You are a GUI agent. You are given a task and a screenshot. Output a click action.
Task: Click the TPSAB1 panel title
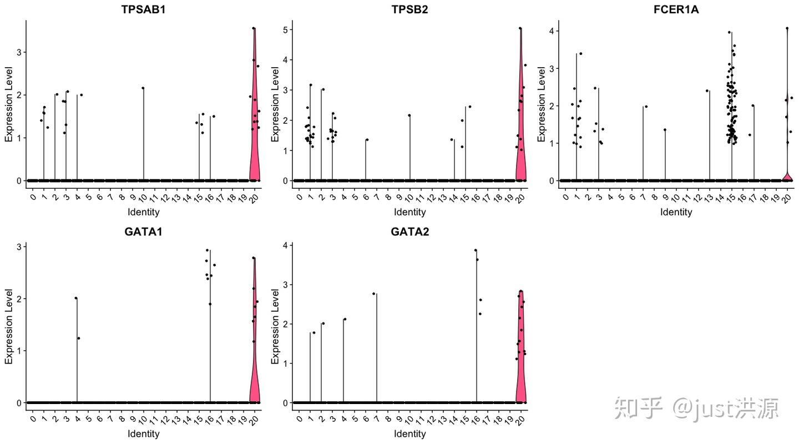tap(143, 9)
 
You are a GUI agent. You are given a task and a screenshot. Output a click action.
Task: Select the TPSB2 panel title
tap(409, 9)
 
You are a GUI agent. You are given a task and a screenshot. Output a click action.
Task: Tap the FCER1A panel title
tap(676, 9)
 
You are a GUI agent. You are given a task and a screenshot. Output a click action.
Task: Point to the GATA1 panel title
tap(143, 231)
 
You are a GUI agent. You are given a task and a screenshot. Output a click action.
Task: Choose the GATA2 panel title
tap(409, 231)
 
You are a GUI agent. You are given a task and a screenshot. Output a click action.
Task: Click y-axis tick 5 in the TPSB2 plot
tap(287, 29)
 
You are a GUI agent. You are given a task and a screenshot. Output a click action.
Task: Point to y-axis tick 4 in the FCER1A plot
tap(553, 31)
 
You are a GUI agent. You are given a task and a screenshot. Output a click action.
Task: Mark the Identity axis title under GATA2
tap(410, 433)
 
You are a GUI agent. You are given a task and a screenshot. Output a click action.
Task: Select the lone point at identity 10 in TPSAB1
tap(143, 88)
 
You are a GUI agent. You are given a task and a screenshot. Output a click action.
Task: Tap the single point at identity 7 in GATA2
tap(374, 294)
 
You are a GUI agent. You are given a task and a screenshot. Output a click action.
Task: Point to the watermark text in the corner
tap(696, 408)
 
